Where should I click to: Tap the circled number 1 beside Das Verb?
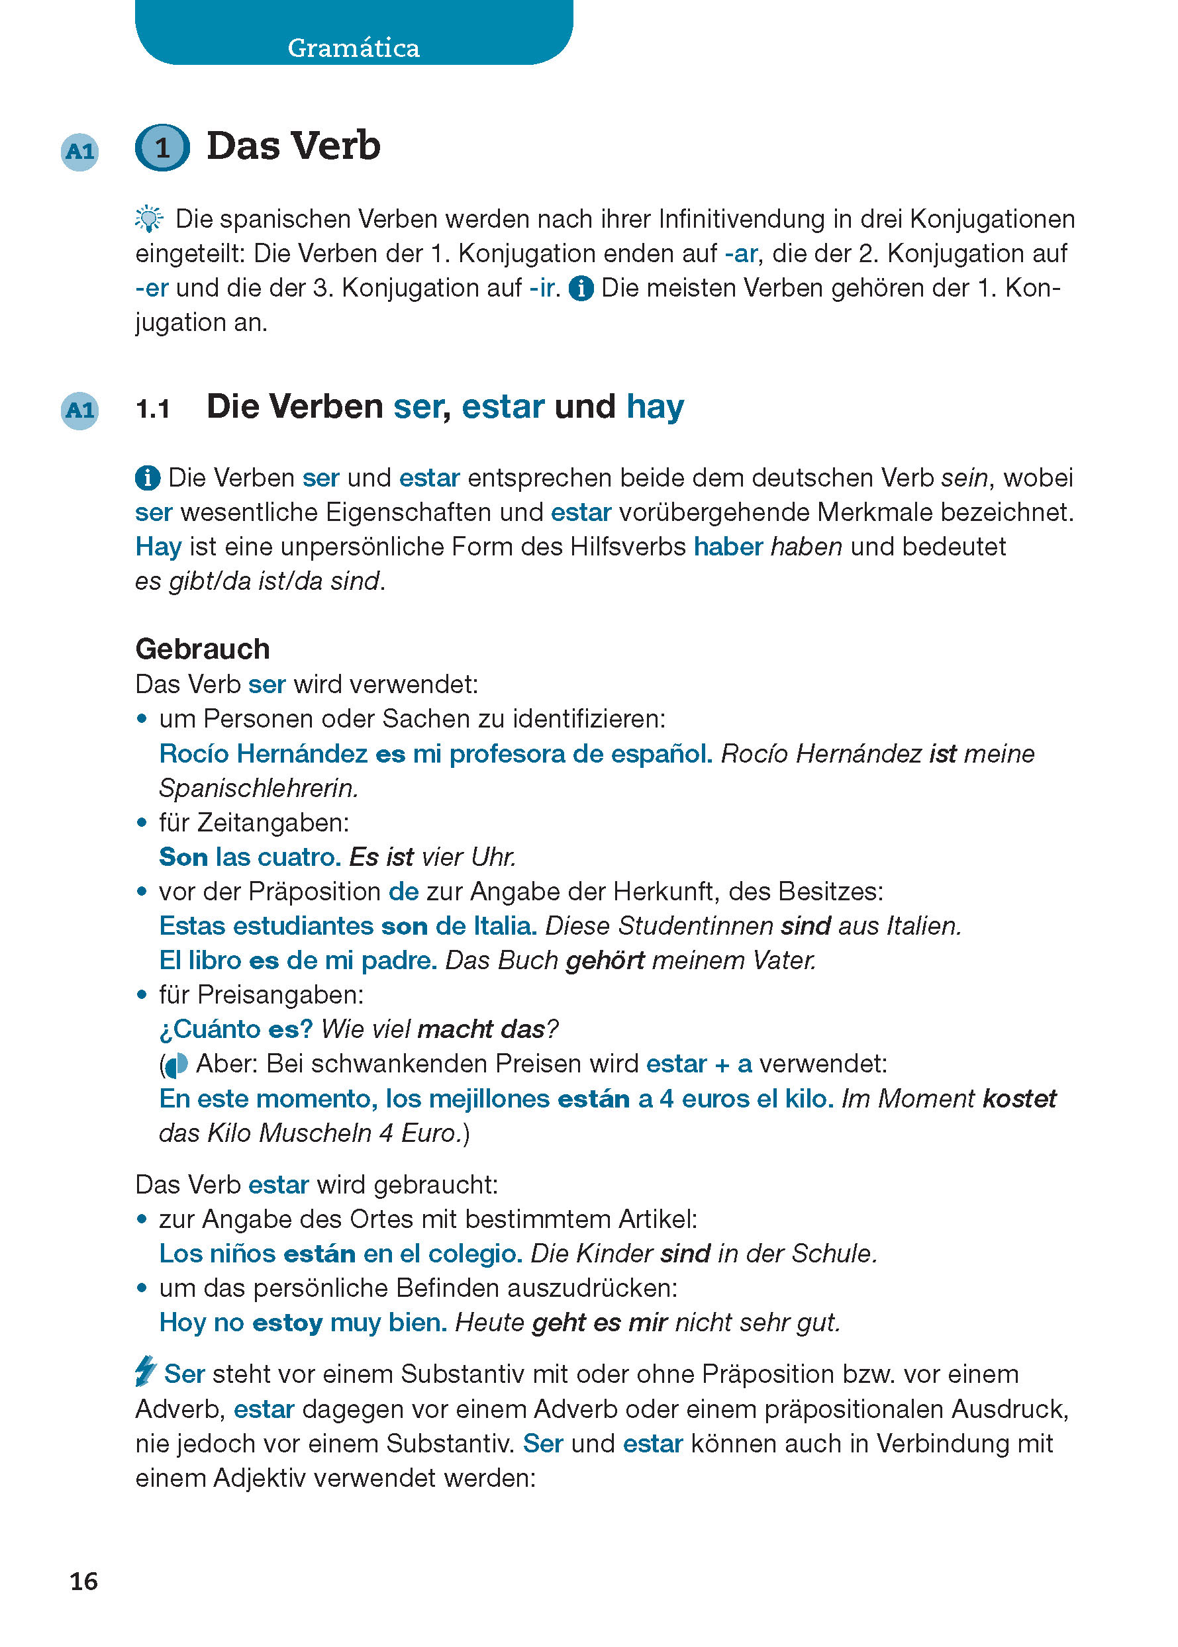[162, 148]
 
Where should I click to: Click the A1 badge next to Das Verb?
[79, 152]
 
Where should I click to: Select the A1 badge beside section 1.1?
[79, 410]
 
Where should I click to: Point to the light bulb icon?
[149, 218]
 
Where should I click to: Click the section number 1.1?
[153, 409]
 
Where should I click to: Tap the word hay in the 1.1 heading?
[655, 407]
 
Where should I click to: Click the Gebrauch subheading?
[203, 649]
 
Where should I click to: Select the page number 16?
[83, 1581]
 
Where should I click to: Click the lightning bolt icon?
[146, 1372]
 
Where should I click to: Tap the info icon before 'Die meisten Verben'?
[581, 289]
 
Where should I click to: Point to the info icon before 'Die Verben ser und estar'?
[148, 478]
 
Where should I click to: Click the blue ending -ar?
[740, 254]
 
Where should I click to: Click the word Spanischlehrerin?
[258, 788]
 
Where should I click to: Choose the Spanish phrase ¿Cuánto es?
[236, 1029]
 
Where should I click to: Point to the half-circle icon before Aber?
[175, 1064]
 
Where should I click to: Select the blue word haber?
[728, 547]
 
